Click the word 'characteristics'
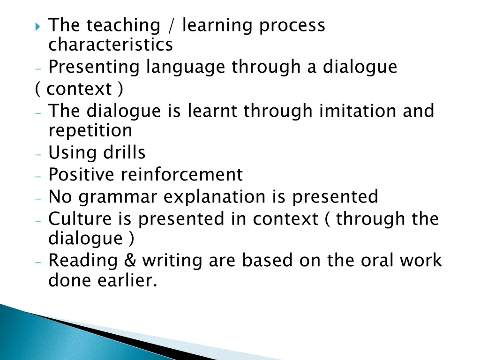tap(111, 45)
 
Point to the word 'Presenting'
tap(94, 67)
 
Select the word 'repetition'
tap(90, 130)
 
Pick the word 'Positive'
tap(82, 175)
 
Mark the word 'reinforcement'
tap(182, 175)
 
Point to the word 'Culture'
tap(79, 219)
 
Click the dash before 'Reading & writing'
tap(38, 262)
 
